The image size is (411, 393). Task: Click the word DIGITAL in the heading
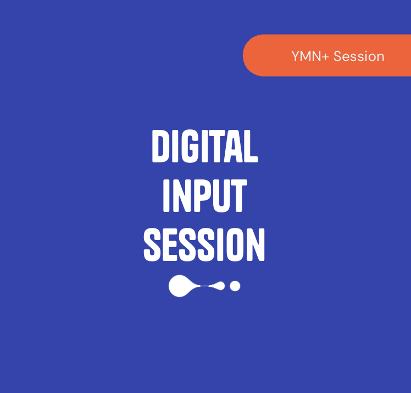[204, 146]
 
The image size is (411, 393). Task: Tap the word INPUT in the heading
[204, 195]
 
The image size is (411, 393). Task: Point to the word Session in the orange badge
[359, 56]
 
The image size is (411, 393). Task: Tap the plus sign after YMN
[326, 57]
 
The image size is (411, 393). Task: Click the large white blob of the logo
[180, 286]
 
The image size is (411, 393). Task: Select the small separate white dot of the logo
[235, 286]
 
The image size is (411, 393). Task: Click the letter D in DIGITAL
[161, 146]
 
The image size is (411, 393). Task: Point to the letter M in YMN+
[306, 56]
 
